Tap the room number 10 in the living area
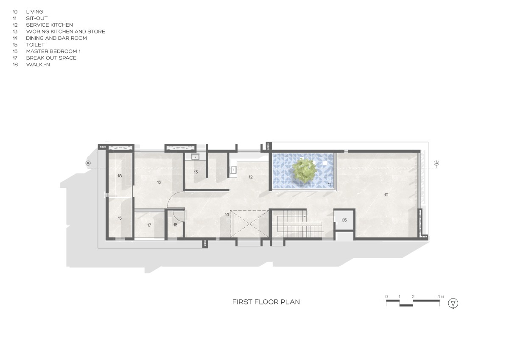[386, 195]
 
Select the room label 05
[344, 220]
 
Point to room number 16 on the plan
[159, 182]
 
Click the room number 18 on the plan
[120, 176]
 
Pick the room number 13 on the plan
[196, 172]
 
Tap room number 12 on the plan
[250, 177]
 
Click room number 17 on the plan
[149, 225]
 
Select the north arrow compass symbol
[453, 303]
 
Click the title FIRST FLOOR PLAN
[266, 302]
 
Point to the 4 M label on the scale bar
[440, 296]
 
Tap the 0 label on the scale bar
[386, 296]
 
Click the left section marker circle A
[88, 163]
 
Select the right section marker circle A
[436, 163]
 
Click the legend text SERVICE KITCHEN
[49, 25]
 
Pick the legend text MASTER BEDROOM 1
[53, 51]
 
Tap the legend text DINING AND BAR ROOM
[56, 38]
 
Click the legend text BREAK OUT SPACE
[51, 58]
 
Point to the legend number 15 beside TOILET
[15, 45]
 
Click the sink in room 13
[195, 157]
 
